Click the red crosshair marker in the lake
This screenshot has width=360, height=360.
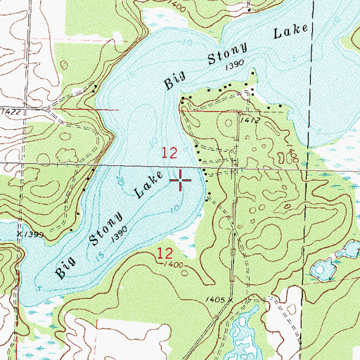[181, 181]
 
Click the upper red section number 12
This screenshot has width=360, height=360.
[169, 152]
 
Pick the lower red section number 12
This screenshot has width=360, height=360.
[165, 253]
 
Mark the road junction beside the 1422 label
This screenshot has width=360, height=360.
[44, 110]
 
